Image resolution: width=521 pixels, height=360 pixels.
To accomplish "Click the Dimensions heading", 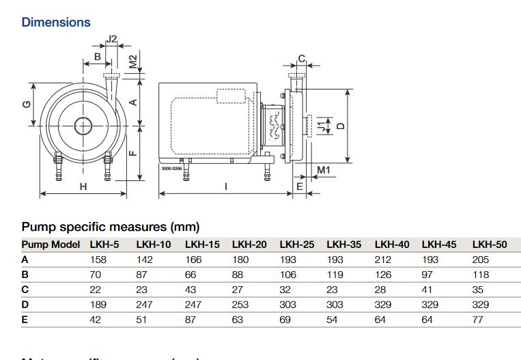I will coord(56,22).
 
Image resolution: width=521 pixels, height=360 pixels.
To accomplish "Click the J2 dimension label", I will coord(113,39).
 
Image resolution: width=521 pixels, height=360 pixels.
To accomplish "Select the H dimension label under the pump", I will coord(83,186).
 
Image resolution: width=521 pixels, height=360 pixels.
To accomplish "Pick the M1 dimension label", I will coord(324,169).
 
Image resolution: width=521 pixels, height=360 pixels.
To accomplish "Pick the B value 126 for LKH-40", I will coord(382,275).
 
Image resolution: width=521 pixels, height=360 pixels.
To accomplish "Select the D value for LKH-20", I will coord(240,305).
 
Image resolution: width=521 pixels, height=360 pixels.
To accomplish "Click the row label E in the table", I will coord(25,320).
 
